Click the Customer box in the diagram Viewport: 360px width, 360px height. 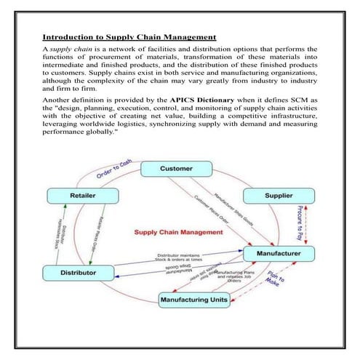[x=176, y=169]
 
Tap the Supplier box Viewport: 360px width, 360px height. [x=279, y=196]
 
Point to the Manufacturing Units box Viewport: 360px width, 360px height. [x=193, y=298]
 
